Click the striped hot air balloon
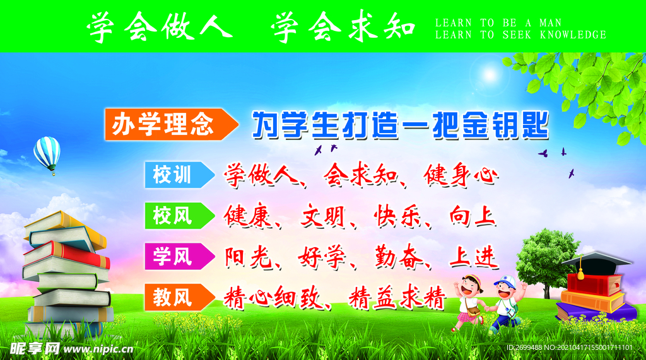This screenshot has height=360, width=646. tap(47, 154)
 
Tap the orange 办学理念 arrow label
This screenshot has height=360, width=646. tap(171, 124)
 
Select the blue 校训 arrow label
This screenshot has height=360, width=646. tap(179, 175)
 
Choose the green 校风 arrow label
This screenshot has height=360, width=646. tap(179, 216)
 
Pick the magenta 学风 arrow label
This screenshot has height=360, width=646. tap(179, 256)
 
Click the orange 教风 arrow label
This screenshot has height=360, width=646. tap(179, 297)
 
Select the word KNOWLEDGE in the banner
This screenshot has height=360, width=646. tap(573, 35)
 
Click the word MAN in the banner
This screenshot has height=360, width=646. tap(550, 23)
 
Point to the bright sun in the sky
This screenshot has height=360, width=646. tap(490, 75)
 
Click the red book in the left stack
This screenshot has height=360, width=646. tap(66, 254)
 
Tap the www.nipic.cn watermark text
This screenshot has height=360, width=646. tap(98, 349)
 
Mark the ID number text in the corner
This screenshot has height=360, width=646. tap(569, 347)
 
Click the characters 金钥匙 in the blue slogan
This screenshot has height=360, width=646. tap(505, 124)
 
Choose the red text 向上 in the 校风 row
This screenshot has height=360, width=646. tap(473, 216)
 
